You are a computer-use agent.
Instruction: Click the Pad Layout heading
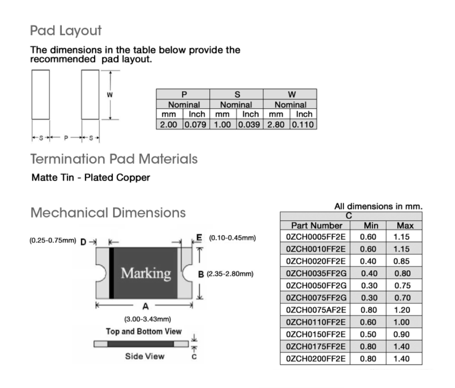(x=66, y=31)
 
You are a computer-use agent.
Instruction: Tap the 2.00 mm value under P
(x=169, y=124)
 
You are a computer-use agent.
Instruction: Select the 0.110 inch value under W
(x=302, y=124)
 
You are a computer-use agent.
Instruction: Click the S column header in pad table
(x=237, y=94)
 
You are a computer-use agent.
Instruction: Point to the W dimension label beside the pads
(x=110, y=95)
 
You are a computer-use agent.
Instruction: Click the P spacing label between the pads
(x=66, y=138)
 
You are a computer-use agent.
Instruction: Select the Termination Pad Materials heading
(x=114, y=159)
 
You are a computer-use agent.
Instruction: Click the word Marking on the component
(x=145, y=273)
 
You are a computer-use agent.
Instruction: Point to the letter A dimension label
(x=145, y=306)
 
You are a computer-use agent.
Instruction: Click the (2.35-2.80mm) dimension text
(x=230, y=274)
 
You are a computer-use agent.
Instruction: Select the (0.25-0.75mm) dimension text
(x=52, y=241)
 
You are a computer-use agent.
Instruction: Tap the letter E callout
(x=199, y=237)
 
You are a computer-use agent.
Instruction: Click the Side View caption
(x=145, y=356)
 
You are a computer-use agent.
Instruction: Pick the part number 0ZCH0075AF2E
(x=316, y=310)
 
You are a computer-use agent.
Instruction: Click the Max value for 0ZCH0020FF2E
(x=401, y=261)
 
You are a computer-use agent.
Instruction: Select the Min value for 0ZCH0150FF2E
(x=368, y=334)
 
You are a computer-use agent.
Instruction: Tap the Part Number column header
(x=317, y=225)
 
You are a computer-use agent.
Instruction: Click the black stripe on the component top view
(x=111, y=273)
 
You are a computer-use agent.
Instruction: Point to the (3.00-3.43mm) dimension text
(x=147, y=319)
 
